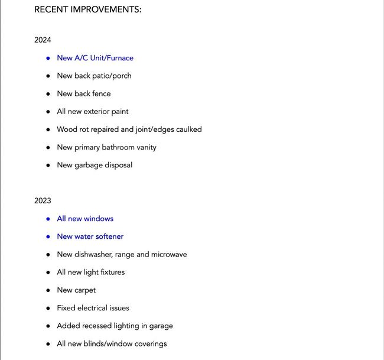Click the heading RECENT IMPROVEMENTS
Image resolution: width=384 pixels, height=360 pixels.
87,9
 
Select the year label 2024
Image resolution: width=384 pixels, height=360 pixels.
43,40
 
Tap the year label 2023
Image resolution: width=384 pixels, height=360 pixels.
43,201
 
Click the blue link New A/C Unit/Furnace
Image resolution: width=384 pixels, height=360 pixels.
95,58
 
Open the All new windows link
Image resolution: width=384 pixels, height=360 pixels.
85,219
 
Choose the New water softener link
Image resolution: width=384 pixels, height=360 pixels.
90,236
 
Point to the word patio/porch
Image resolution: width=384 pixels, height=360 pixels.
112,76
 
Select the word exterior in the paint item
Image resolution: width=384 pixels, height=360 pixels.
97,111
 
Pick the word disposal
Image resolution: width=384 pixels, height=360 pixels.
118,165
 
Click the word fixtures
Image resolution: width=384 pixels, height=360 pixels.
110,272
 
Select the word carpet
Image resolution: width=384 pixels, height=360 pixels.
85,290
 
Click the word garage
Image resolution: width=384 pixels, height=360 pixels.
160,326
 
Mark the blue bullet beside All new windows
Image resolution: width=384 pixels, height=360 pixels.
48,219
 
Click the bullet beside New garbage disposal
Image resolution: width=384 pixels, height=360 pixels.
48,165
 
